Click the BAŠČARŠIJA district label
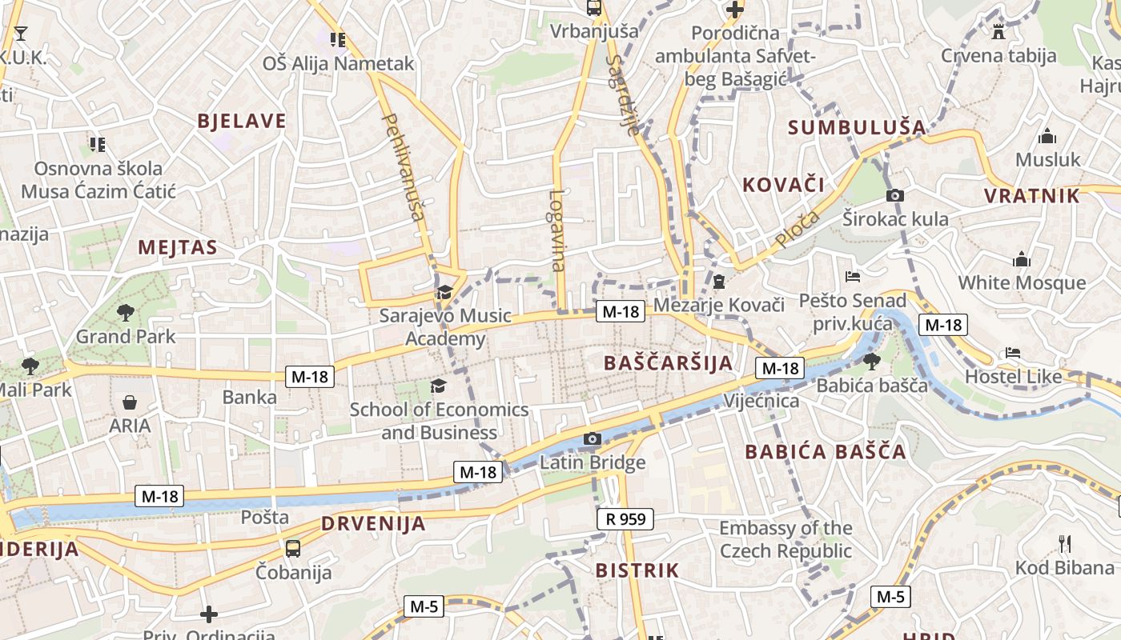point(668,363)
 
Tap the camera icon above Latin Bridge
point(593,438)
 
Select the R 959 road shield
point(625,519)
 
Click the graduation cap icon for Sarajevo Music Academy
point(444,292)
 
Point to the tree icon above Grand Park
point(125,312)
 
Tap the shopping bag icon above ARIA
point(130,402)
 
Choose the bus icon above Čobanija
point(293,549)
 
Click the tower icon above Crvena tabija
point(998,32)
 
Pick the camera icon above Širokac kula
point(895,195)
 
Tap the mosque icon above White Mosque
point(1022,259)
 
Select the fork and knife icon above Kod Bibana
point(1065,544)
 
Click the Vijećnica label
point(761,401)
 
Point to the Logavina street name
point(557,230)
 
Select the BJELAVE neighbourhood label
point(242,122)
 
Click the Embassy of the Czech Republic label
point(786,539)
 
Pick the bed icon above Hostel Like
point(1013,353)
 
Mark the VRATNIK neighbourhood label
point(1031,196)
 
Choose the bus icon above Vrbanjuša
point(594,8)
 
